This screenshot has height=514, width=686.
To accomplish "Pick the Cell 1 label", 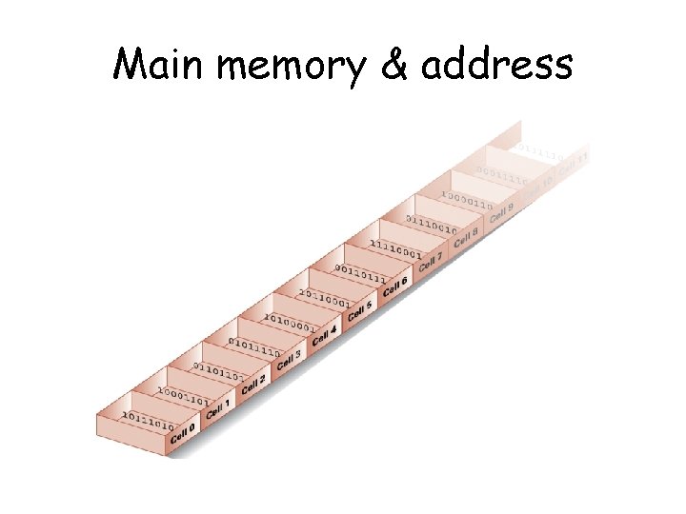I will (x=218, y=410).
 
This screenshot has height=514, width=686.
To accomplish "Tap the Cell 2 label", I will (x=253, y=385).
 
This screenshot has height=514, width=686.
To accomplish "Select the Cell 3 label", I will (x=289, y=360).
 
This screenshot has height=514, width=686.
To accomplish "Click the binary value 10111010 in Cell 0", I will (x=148, y=421).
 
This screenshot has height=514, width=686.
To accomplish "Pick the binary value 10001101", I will (x=184, y=396).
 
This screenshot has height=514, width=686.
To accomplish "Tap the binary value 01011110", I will (x=254, y=346).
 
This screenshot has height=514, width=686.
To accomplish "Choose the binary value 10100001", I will (x=290, y=322).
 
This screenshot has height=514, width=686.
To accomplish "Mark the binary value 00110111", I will (x=360, y=272).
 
